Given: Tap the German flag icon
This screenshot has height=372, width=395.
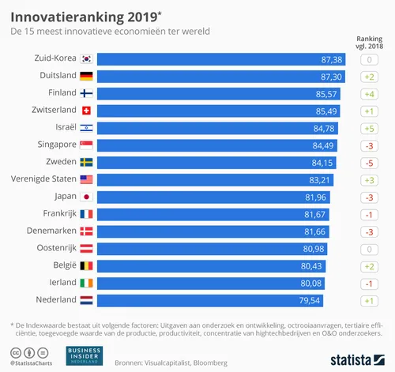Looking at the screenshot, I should click(86, 77).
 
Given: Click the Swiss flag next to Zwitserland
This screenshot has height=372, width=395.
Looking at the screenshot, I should click(86, 111).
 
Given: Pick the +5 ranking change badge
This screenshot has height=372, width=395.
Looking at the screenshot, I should click(369, 128).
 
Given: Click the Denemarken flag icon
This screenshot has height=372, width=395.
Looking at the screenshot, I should click(86, 231).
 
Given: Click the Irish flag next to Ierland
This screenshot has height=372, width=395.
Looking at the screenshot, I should click(86, 283).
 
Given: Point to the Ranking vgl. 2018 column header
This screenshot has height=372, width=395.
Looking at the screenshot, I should click(369, 40).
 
